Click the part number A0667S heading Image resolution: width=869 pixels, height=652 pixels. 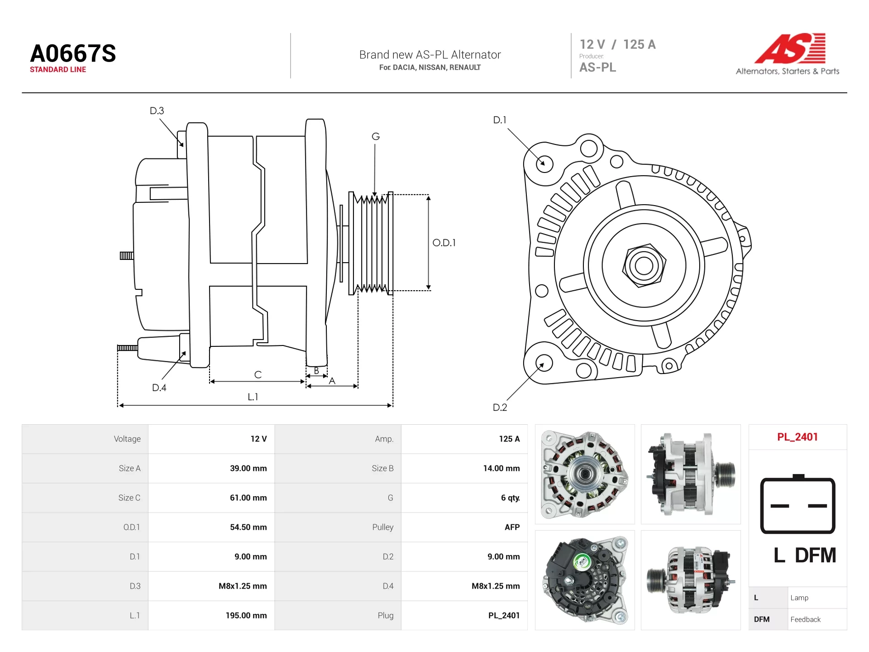coord(73,53)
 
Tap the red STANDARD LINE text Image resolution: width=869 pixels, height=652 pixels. coord(58,69)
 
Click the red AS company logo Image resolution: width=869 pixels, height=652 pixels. coord(790,48)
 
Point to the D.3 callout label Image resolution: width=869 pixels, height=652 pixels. coord(157,110)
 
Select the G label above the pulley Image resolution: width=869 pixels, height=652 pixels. coord(376,136)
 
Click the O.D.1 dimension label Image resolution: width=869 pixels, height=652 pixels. coord(444,243)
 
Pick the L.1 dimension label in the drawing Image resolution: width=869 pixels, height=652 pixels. coord(253,397)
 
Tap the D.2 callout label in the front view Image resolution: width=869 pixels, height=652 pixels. coord(500,407)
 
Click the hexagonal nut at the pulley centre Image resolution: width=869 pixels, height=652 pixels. coord(644,266)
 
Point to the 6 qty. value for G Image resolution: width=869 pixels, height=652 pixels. coord(510,498)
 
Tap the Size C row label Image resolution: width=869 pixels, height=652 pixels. coord(129,498)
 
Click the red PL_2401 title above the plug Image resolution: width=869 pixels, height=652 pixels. coord(797,437)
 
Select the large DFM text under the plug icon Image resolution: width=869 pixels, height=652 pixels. coord(815,555)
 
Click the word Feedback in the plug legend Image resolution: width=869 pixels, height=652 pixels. coord(805,619)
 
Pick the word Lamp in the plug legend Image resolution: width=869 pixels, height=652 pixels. coord(799,598)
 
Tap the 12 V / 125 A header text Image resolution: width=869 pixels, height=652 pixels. coord(617,44)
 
